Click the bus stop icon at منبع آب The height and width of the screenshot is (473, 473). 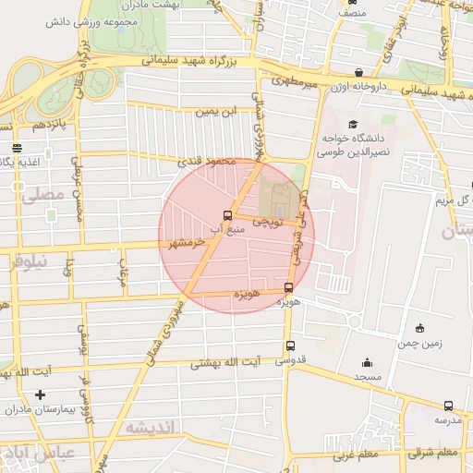tap(227, 214)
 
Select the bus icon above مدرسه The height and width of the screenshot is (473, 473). tap(448, 406)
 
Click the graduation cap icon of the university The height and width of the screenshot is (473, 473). tap(351, 124)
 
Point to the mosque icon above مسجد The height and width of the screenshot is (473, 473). tap(368, 363)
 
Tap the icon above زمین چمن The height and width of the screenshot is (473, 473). tap(420, 327)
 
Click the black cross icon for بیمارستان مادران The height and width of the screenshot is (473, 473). tap(39, 395)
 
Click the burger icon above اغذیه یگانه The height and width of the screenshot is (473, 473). tap(17, 148)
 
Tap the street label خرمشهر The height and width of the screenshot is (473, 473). tap(187, 242)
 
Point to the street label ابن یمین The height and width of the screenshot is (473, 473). tap(213, 112)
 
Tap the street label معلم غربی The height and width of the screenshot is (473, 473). tap(350, 455)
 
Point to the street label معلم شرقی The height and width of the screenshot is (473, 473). tap(437, 452)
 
